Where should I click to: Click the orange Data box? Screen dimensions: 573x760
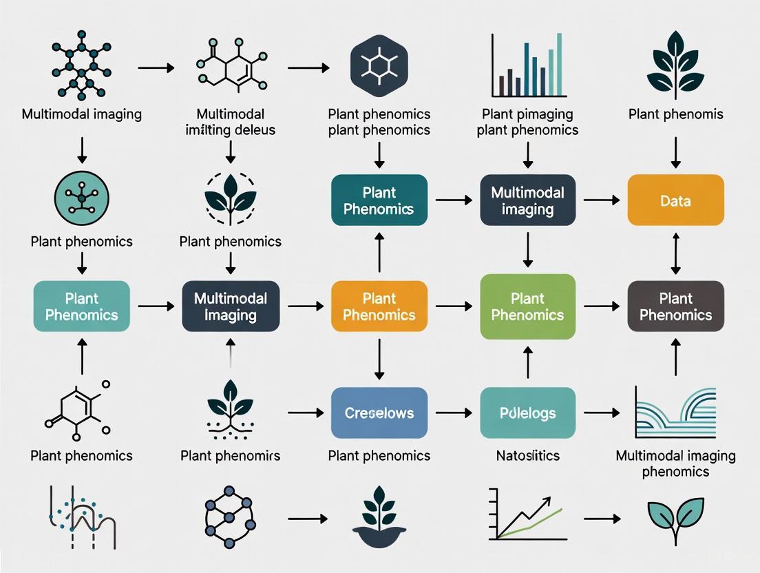(x=675, y=200)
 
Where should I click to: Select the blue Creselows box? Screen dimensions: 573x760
(x=379, y=413)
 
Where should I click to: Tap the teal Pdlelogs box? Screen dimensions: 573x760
(x=527, y=413)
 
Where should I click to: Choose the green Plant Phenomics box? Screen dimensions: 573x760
(x=527, y=306)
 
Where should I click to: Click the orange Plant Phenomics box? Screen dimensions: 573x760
(x=379, y=306)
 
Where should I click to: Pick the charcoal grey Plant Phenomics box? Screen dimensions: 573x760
(x=675, y=306)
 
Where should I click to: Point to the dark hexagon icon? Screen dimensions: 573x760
(x=379, y=65)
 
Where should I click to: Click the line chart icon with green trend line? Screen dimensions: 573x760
(x=527, y=513)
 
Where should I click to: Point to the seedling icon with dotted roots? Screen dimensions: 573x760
(x=231, y=410)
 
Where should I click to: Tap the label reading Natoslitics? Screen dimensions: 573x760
(x=527, y=455)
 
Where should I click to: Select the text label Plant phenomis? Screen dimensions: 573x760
(x=675, y=114)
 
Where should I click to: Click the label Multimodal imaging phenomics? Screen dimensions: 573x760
(x=675, y=463)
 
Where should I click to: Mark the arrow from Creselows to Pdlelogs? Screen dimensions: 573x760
(x=454, y=413)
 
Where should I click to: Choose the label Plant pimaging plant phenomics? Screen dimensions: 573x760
(x=527, y=122)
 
